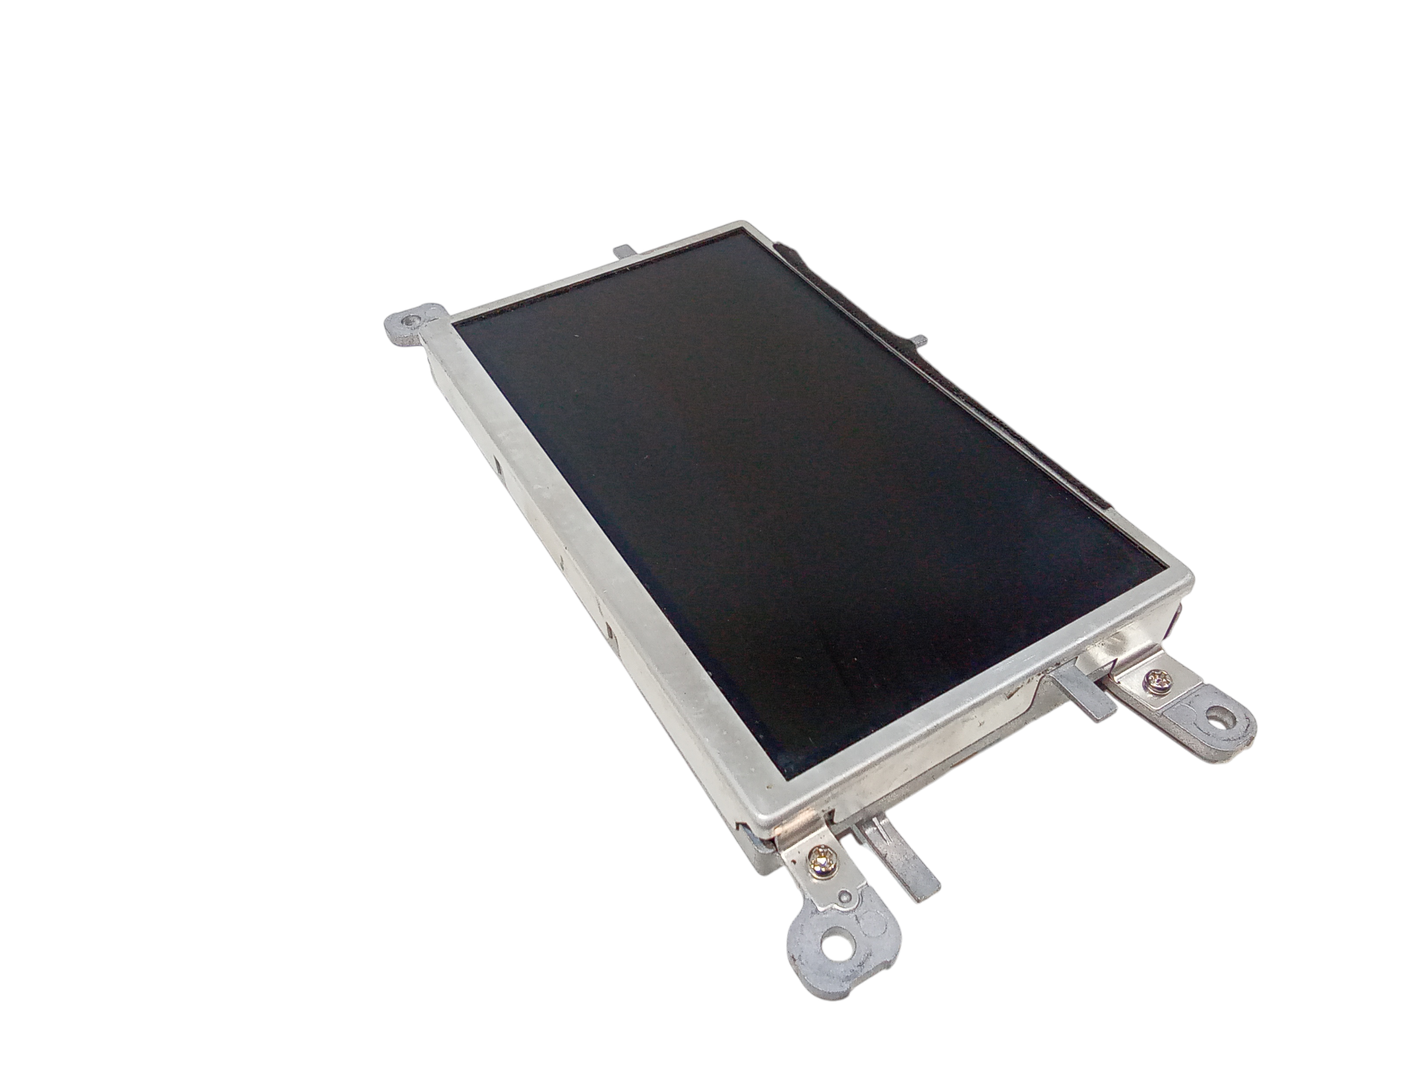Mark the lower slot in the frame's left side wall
click(x=610, y=630)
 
